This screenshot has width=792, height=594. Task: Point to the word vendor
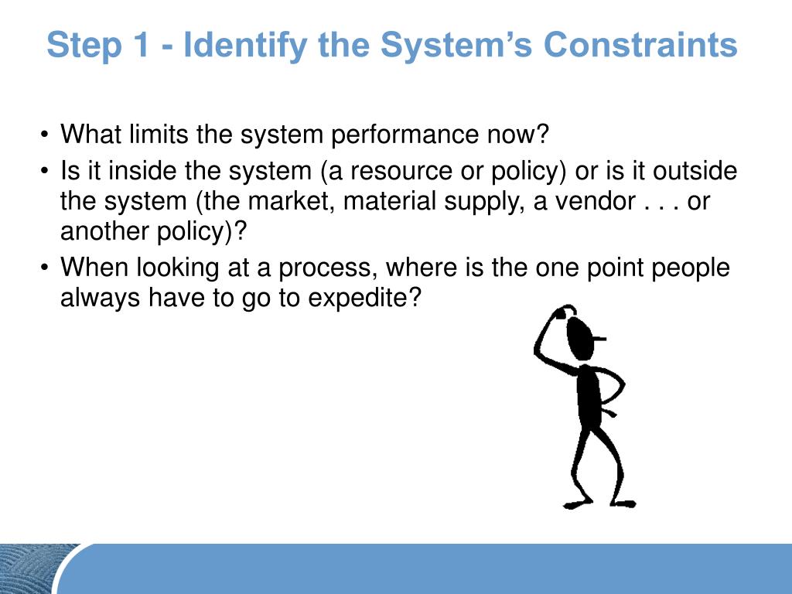[590, 202]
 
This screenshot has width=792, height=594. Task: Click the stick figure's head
[581, 336]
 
